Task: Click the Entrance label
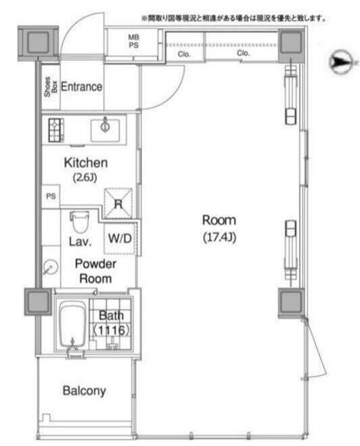(82, 87)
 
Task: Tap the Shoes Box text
(51, 87)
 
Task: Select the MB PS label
(133, 41)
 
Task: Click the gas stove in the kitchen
(56, 130)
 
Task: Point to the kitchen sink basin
(105, 130)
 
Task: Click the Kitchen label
(86, 163)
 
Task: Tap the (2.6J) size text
(85, 177)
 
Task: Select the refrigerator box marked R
(118, 203)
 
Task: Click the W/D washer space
(120, 238)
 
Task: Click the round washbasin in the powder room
(51, 267)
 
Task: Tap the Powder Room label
(96, 271)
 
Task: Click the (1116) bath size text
(111, 330)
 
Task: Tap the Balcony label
(84, 391)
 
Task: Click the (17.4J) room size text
(219, 238)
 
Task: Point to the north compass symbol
(340, 61)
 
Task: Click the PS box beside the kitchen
(51, 196)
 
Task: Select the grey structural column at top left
(38, 43)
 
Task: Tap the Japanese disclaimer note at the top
(233, 18)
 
